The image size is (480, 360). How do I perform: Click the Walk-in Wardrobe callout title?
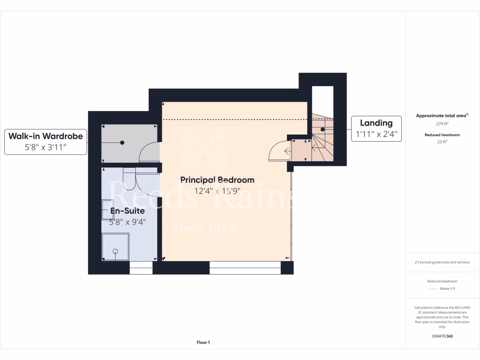click(45, 136)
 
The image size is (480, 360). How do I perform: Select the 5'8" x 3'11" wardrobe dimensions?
click(45, 147)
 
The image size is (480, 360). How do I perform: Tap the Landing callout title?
click(376, 123)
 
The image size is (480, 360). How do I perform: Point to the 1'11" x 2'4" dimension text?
click(376, 134)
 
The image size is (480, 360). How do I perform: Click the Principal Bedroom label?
click(217, 180)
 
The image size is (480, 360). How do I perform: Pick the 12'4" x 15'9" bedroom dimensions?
click(217, 191)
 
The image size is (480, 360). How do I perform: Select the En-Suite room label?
click(127, 211)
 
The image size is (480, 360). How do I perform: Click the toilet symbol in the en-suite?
click(128, 176)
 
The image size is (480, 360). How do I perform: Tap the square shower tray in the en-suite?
click(114, 247)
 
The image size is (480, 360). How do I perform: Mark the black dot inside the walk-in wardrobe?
click(122, 142)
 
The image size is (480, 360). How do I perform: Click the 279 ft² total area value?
click(442, 124)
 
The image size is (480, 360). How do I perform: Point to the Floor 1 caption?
click(203, 343)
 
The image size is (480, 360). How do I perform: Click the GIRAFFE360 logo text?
click(442, 336)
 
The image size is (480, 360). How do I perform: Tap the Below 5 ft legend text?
click(448, 289)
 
